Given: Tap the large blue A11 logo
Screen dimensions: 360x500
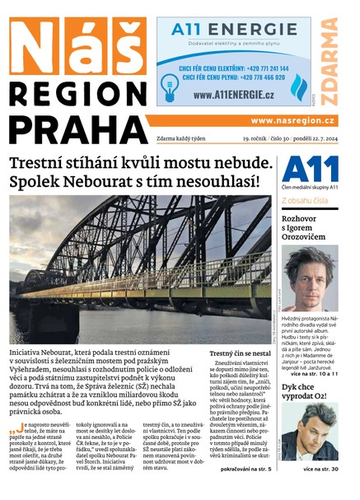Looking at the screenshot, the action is tap(310, 169).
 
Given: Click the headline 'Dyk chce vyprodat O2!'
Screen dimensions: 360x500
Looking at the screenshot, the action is tap(306, 391).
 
